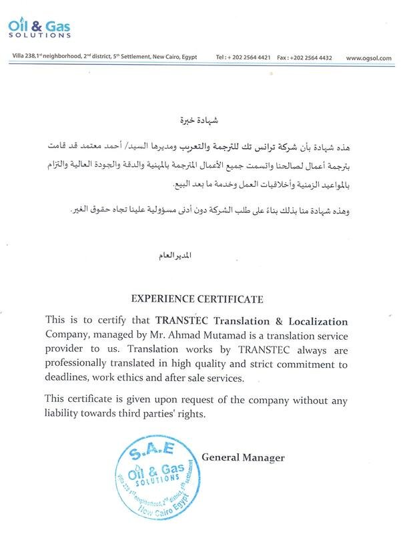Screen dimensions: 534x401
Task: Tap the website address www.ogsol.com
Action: coord(368,59)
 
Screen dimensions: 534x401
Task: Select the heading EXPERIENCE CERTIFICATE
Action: coord(201,298)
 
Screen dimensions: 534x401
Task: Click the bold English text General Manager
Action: coord(243,458)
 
